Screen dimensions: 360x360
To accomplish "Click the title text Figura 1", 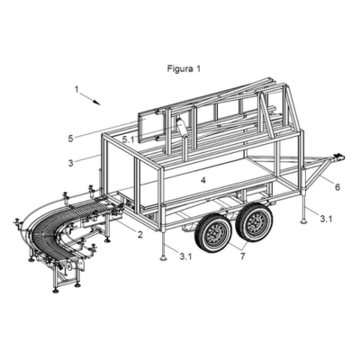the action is [184, 68].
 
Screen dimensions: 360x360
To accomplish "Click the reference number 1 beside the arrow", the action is [76, 89].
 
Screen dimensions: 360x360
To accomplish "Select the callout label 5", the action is [70, 139].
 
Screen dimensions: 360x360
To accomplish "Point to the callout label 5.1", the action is [128, 139].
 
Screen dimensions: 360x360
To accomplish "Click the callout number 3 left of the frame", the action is [71, 163].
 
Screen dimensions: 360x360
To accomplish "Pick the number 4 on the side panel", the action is [203, 180].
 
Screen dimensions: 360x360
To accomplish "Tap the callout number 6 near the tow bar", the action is [337, 187].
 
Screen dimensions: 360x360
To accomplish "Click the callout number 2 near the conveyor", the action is [140, 235].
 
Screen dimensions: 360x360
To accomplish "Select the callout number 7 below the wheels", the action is [242, 256].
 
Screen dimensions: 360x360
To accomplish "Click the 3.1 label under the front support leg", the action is [185, 256].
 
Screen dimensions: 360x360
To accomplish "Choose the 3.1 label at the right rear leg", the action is [326, 219].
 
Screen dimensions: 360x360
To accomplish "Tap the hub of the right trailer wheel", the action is [256, 220].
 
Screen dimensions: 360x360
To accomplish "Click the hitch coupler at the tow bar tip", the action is [337, 157].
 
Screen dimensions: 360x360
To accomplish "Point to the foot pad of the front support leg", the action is [164, 258].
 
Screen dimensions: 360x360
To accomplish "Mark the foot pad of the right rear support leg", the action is [304, 221].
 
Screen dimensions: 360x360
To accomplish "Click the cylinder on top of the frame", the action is [183, 129].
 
